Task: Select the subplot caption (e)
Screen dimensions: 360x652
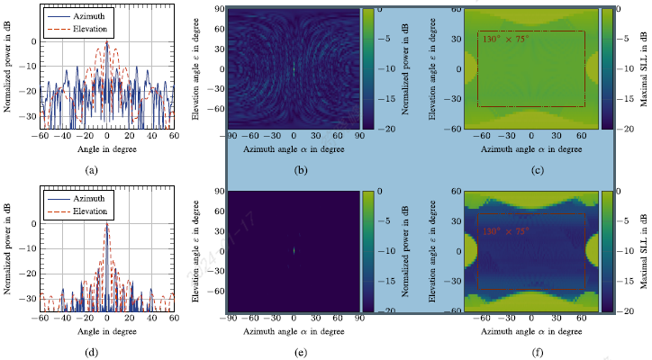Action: click(x=294, y=351)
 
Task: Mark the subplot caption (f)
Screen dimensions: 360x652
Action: click(x=531, y=351)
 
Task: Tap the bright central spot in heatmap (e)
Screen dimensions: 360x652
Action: click(x=294, y=251)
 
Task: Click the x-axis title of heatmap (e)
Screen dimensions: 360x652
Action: click(x=294, y=330)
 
